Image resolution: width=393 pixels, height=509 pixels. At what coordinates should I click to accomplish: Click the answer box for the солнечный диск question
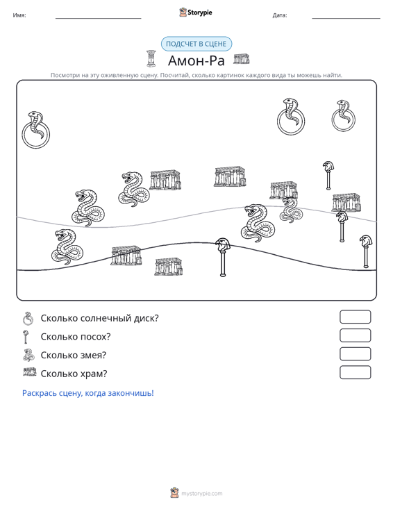355,317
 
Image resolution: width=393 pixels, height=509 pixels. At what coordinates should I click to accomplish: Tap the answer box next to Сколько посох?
355,335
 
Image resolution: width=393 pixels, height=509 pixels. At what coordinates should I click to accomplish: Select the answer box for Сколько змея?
355,354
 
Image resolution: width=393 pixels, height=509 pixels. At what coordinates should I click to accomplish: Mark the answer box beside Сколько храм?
355,372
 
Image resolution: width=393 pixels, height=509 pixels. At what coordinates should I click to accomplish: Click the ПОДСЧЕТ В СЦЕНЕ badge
196,44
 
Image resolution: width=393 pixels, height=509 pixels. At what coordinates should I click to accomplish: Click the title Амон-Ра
196,60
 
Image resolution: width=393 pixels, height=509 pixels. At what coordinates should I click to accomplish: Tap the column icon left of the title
151,59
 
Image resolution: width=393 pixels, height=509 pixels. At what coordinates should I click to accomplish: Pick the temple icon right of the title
242,59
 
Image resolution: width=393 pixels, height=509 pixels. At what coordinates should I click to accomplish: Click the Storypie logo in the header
196,12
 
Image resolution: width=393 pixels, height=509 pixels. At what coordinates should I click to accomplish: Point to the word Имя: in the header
19,15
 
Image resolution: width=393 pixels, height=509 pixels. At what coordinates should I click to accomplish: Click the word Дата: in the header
280,15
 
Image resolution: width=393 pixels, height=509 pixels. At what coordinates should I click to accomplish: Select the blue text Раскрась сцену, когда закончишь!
88,393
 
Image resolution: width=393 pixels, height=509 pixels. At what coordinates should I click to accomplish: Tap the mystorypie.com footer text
201,494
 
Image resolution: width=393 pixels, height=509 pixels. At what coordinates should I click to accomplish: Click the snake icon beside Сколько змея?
29,355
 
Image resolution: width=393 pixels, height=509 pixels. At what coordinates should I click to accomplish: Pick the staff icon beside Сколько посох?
26,337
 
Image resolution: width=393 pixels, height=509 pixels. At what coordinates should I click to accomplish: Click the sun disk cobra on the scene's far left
35,130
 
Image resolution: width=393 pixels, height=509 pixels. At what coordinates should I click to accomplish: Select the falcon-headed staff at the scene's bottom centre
223,257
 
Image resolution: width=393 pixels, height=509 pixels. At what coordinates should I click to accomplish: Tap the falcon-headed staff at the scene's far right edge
366,251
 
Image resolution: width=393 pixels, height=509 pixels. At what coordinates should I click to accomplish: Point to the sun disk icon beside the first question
28,318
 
